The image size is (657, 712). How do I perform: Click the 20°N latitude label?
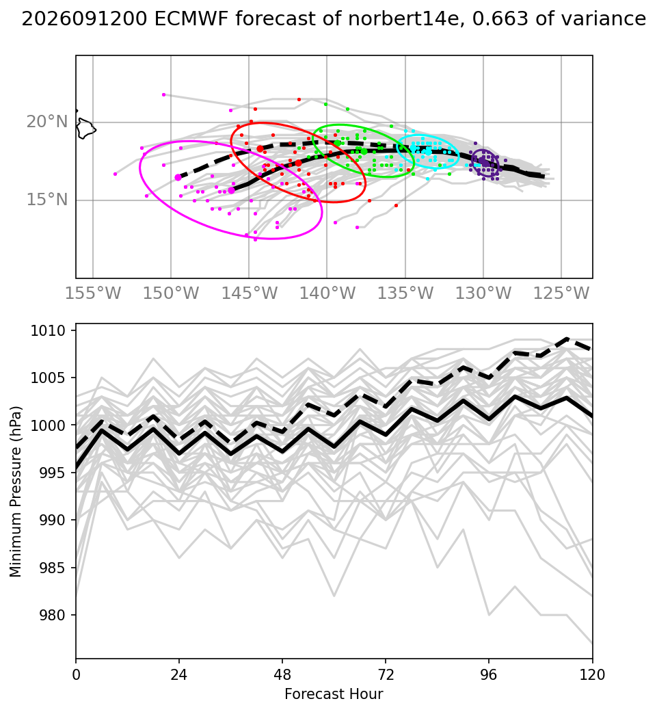(46, 122)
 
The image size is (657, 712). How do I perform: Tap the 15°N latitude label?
(46, 199)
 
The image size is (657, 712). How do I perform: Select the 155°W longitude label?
(93, 293)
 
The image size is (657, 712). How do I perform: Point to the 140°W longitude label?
(327, 293)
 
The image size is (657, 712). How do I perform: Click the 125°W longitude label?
(561, 293)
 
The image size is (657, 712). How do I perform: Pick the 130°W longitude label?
(483, 293)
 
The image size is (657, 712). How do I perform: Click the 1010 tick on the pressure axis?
(48, 330)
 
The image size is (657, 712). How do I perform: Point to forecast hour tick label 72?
(386, 675)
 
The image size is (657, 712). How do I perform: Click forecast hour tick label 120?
(592, 675)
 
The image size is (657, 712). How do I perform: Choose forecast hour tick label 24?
(179, 675)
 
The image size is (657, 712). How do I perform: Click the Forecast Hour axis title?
(334, 694)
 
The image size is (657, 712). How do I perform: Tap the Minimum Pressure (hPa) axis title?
(16, 492)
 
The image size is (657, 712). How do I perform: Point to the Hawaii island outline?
(85, 128)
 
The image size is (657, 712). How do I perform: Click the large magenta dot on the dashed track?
(178, 178)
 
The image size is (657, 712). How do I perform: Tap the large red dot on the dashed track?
(260, 149)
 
